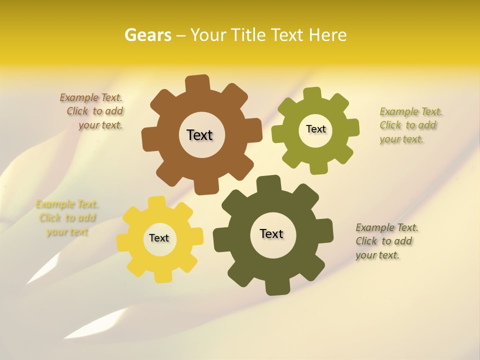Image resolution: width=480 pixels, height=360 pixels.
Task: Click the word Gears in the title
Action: point(147,35)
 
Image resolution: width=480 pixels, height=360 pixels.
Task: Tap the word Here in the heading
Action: point(327,35)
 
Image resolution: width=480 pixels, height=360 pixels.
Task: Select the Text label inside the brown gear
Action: point(199,135)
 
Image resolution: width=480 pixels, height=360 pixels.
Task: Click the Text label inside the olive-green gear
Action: point(315,129)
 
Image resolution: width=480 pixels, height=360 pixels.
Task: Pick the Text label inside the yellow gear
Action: point(158,238)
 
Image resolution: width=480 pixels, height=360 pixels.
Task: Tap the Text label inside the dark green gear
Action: point(271,233)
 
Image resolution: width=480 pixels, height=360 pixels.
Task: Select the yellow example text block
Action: point(67,218)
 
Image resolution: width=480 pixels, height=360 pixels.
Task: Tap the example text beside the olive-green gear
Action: point(410,125)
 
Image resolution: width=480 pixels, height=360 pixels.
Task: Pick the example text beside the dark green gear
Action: point(386,241)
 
